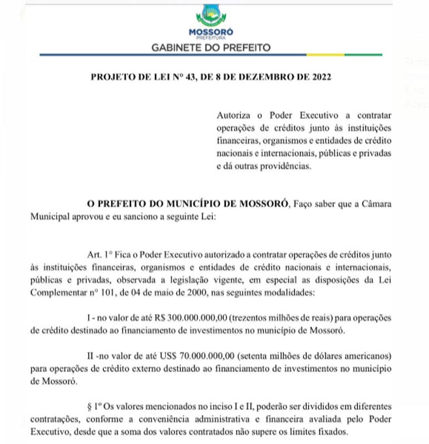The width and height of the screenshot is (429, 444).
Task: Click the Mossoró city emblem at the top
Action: point(211,16)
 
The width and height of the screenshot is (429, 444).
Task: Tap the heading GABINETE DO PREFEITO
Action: point(210,48)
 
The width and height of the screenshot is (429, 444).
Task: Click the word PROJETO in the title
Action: point(110,77)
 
